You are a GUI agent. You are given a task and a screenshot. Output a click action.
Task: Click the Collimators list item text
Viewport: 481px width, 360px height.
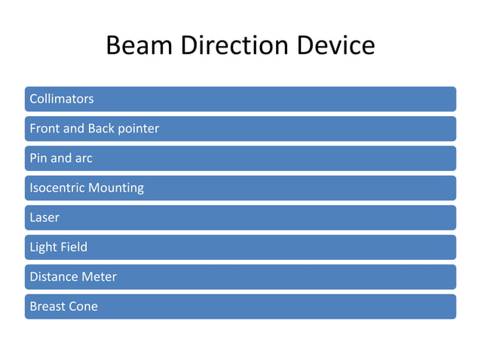pyautogui.click(x=61, y=99)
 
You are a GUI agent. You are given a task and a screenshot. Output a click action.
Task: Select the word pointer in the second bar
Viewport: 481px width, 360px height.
pyautogui.click(x=138, y=129)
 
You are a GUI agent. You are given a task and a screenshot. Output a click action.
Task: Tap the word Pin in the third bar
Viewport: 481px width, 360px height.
pyautogui.click(x=38, y=158)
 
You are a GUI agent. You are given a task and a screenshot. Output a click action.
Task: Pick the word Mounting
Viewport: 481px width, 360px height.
pyautogui.click(x=116, y=188)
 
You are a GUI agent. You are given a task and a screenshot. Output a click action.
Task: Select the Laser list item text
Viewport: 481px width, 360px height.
pyautogui.click(x=44, y=218)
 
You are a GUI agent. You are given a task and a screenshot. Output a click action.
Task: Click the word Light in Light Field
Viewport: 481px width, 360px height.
pyautogui.click(x=43, y=247)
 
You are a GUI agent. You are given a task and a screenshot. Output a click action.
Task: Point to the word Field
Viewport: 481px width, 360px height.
pyautogui.click(x=74, y=247)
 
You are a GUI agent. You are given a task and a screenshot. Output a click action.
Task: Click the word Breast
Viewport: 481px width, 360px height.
pyautogui.click(x=47, y=307)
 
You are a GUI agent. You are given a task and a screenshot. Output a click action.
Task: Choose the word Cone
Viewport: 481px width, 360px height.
pyautogui.click(x=84, y=307)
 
